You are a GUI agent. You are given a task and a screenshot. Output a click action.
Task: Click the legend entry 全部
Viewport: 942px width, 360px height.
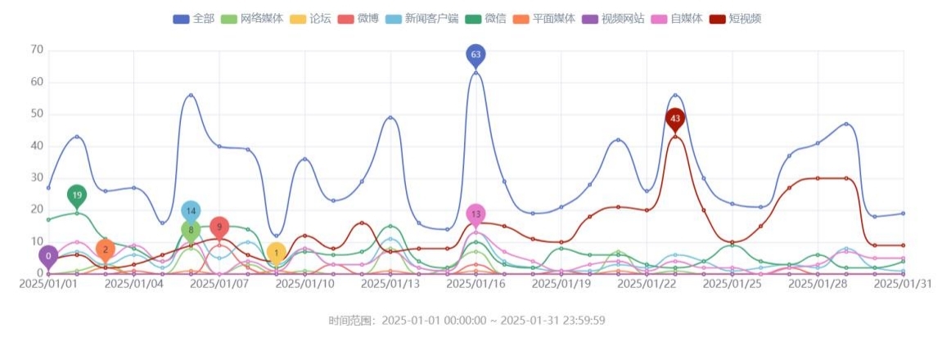point(193,18)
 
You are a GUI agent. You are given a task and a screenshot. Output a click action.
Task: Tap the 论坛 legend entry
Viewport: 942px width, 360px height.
point(307,18)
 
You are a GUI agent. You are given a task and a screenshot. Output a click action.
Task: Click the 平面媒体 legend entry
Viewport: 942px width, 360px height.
point(542,18)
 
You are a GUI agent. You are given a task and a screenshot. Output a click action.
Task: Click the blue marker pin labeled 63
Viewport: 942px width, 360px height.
point(476,55)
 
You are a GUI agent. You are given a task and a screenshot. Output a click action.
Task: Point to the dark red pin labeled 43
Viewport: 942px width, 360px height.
point(674,119)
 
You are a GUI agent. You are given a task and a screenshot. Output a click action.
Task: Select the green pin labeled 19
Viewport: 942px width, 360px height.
point(76,195)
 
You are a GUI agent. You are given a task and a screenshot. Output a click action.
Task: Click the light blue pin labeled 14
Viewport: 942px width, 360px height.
point(191,211)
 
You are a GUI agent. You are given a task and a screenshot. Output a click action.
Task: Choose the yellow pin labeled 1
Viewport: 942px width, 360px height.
point(277,253)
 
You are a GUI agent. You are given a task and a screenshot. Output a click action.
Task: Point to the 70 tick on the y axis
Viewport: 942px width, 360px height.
point(36,50)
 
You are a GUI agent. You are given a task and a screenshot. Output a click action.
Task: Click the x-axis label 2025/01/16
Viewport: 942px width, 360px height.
point(476,284)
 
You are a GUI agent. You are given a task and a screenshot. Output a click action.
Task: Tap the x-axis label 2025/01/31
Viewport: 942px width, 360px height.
point(903,284)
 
